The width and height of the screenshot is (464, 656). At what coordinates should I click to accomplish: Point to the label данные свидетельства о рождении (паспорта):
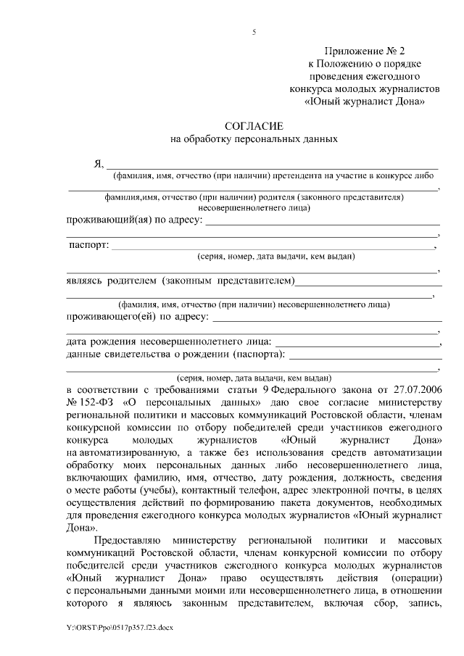[x=175, y=354]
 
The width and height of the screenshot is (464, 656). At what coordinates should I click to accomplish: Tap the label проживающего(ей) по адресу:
[x=138, y=317]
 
